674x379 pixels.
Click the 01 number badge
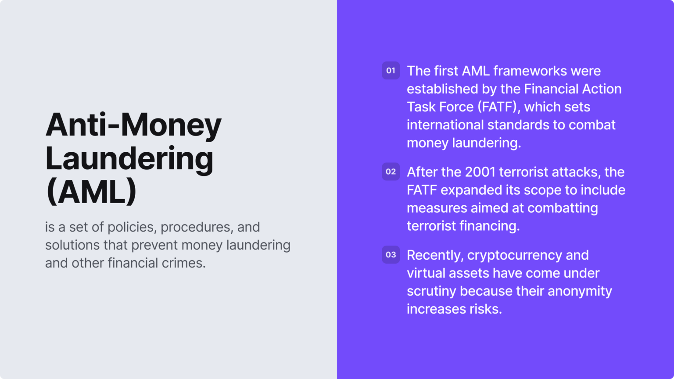391,71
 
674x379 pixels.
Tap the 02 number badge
391,172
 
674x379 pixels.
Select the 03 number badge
391,255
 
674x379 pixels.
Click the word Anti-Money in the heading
133,125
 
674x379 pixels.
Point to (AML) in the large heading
91,192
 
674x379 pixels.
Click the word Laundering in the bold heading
129,159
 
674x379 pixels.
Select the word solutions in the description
72,245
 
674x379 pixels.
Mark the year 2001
480,172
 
